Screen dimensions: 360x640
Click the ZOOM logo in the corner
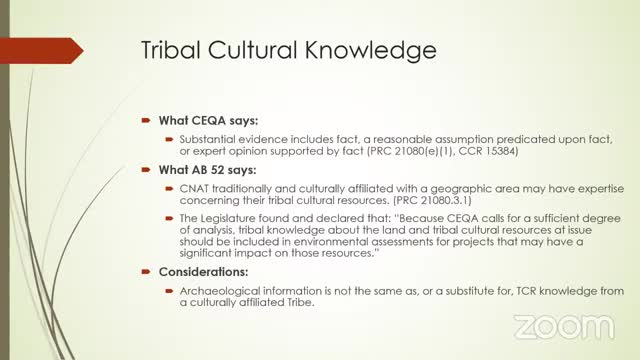(x=565, y=326)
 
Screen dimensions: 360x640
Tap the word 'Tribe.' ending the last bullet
(x=296, y=304)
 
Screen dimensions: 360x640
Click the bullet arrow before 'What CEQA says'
(x=145, y=118)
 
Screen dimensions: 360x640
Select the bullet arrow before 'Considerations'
(x=145, y=272)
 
